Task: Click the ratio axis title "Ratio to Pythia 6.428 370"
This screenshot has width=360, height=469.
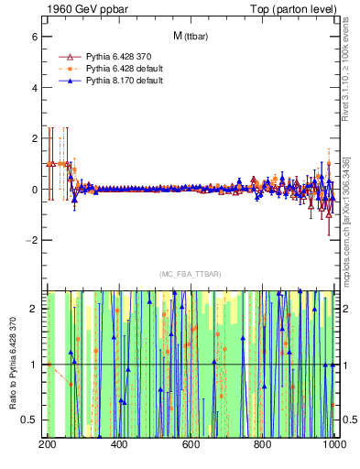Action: click(13, 364)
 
